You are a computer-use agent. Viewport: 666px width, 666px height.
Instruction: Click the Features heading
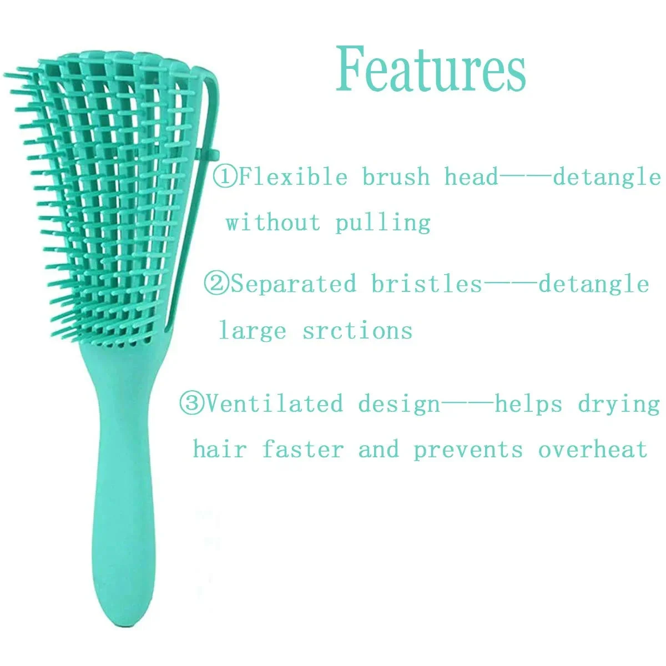coord(431,69)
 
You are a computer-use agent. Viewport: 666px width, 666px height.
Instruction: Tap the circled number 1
coord(225,176)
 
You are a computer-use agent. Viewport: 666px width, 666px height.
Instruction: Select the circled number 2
coord(216,284)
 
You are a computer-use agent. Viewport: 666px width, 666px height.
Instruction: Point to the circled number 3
coord(192,403)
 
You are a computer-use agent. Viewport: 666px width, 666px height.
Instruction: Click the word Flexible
coord(292,176)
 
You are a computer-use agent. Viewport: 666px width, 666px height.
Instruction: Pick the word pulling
coord(383,223)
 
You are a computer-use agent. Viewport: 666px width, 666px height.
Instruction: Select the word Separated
coord(294,284)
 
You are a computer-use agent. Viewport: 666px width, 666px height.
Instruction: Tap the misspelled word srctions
coord(357,330)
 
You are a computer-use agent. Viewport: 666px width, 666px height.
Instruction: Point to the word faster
coord(303,450)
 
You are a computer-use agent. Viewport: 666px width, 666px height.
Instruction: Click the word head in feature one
coord(471,176)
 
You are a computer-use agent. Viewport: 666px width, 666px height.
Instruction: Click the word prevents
coord(468,451)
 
